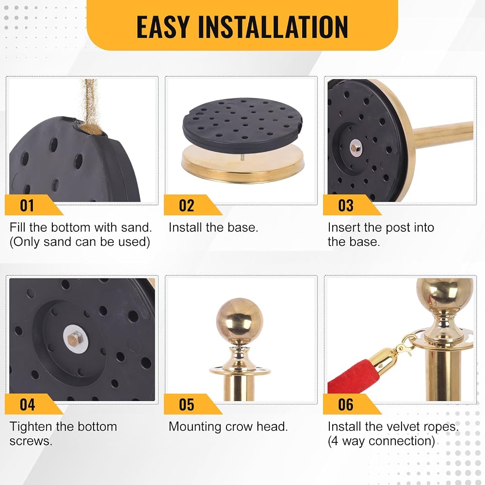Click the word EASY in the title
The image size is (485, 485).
tap(163, 27)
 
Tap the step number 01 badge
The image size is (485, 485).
tap(34, 205)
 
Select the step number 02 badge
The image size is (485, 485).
tap(193, 205)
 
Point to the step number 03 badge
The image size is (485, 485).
tap(352, 205)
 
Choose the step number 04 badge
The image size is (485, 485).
tap(34, 404)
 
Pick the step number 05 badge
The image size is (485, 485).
tap(193, 404)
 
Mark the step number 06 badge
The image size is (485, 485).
tap(352, 404)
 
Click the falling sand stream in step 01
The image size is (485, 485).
tap(90, 102)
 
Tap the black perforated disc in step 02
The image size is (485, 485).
tap(242, 125)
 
